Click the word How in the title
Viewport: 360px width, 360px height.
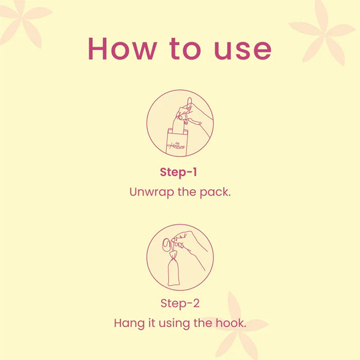point(122,49)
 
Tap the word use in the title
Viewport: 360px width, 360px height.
point(243,51)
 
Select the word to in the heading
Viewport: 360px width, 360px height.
point(185,49)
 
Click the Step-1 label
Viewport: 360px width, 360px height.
point(178,172)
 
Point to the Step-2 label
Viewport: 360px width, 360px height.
point(180,303)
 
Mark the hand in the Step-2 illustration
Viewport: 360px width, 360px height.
point(191,246)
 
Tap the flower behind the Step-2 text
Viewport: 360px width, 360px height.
point(237,326)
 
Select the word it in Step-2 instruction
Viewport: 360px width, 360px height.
point(152,323)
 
